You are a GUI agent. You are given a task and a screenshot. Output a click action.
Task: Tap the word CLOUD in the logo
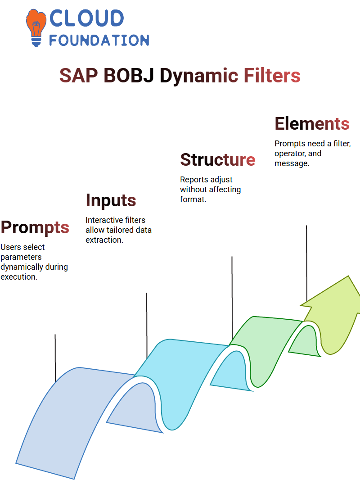(86, 18)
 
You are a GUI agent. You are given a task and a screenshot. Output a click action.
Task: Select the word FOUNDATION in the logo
(99, 41)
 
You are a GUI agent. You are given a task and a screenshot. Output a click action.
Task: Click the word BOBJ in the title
(129, 76)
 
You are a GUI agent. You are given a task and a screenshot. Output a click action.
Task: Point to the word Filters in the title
(272, 76)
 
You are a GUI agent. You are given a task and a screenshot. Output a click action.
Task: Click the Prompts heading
(35, 227)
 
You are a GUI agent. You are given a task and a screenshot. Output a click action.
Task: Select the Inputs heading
(111, 200)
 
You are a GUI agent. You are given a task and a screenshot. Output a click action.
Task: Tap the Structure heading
(217, 160)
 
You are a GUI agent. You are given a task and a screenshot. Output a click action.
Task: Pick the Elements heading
(312, 124)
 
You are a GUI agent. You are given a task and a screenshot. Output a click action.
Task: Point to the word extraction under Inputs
(104, 240)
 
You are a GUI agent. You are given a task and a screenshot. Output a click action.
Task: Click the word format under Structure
(193, 199)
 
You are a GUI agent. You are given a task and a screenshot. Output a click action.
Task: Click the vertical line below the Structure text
(232, 298)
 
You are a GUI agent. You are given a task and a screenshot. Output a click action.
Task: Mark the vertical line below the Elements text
(306, 263)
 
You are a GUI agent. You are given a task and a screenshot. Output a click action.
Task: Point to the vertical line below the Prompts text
(55, 358)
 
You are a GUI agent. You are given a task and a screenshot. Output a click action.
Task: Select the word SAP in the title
(79, 76)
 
